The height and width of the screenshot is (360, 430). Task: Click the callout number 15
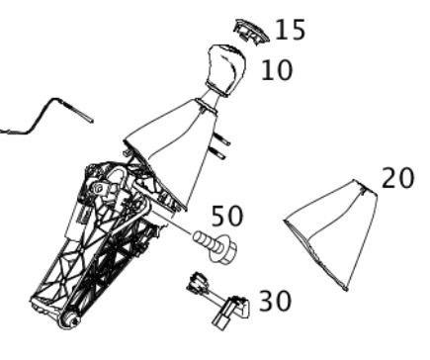[x=290, y=30]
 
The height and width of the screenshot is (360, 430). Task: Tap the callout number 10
[x=277, y=70]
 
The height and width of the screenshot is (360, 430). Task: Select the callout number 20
[x=397, y=178]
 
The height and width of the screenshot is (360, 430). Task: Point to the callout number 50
[x=227, y=216]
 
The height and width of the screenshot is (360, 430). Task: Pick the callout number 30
[x=276, y=301]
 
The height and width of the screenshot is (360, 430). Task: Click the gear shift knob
[x=226, y=70]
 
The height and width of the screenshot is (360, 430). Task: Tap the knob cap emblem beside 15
[x=251, y=32]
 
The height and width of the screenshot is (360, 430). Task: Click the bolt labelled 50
[x=215, y=247]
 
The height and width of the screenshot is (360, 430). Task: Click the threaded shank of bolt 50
[x=204, y=241]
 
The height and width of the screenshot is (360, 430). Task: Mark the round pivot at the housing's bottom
[x=68, y=319]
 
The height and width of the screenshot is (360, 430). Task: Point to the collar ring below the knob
[x=207, y=106]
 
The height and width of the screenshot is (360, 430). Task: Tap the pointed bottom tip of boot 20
[x=346, y=290]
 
